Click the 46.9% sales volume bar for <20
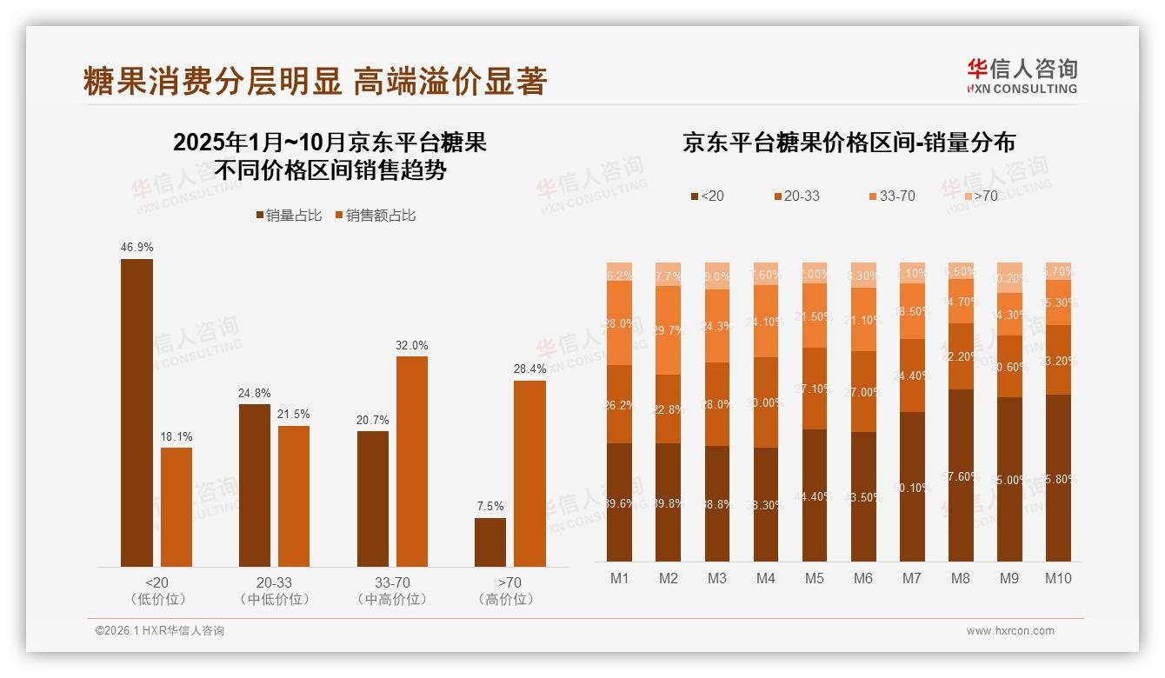(136, 413)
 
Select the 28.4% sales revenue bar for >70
(529, 474)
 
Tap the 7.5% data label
(490, 507)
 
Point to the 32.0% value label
(411, 345)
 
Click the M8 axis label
(961, 578)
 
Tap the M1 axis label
(619, 578)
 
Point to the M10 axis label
(1058, 578)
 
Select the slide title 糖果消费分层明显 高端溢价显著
(315, 81)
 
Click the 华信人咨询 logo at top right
(1022, 75)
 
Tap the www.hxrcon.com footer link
(1010, 631)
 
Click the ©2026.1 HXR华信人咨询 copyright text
(160, 631)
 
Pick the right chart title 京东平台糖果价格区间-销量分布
(849, 143)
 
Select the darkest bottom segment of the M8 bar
(961, 475)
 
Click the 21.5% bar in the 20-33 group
(294, 496)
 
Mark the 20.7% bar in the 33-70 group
(372, 499)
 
